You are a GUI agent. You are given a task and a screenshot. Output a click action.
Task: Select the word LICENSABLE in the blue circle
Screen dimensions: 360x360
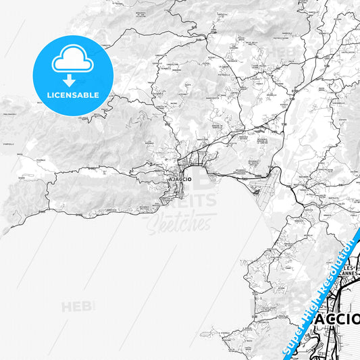click(x=72, y=95)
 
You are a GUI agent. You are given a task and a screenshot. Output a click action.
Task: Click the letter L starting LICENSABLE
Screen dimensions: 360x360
click(x=48, y=95)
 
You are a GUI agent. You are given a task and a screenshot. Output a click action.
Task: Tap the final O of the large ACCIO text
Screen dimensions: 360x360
click(x=355, y=319)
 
